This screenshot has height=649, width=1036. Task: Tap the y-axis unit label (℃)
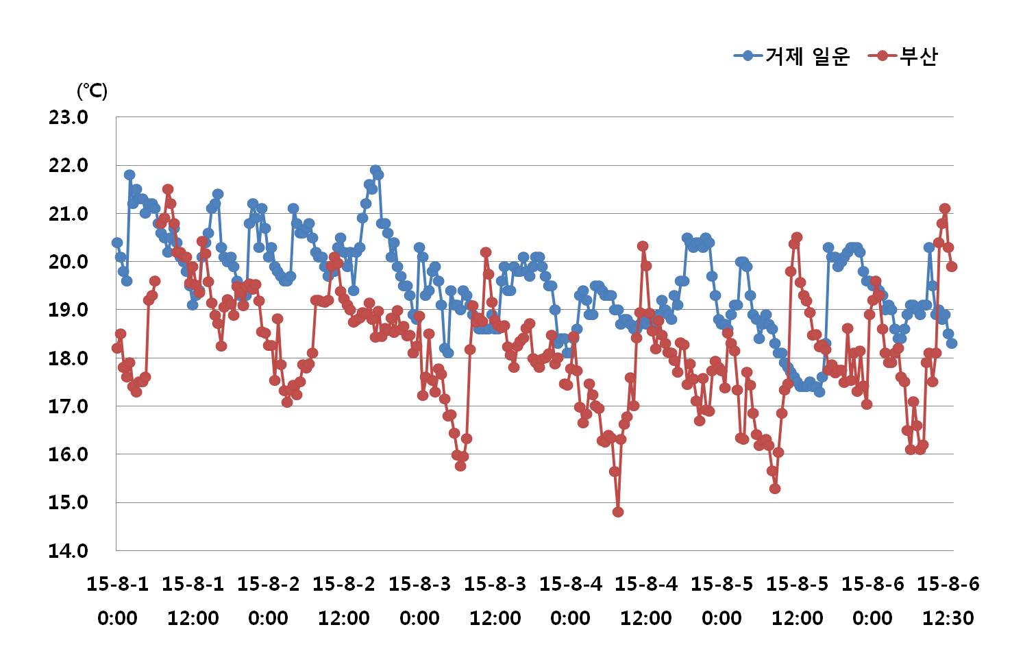tap(92, 90)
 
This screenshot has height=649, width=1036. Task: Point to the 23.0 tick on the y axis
tap(68, 117)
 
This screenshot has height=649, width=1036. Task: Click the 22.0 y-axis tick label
tap(68, 166)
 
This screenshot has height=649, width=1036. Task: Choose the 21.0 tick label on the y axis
tap(68, 214)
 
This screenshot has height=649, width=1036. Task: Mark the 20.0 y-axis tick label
tap(68, 262)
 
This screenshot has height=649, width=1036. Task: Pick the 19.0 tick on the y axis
tap(68, 310)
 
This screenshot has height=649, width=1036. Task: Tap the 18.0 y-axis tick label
tap(68, 358)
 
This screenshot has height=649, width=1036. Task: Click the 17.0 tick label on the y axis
tap(68, 406)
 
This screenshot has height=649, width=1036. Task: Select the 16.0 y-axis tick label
tap(68, 454)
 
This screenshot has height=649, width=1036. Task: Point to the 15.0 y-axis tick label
tap(68, 502)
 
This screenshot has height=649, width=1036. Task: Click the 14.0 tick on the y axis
tap(68, 550)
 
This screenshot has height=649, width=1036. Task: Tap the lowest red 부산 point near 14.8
tap(618, 512)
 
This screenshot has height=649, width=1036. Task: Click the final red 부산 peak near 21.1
tap(945, 208)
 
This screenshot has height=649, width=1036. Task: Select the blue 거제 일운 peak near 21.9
tap(375, 170)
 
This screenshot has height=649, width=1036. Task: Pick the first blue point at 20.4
tap(117, 243)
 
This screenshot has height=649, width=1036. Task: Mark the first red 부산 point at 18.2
tap(117, 348)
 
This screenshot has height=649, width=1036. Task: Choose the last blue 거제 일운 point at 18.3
tap(952, 343)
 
